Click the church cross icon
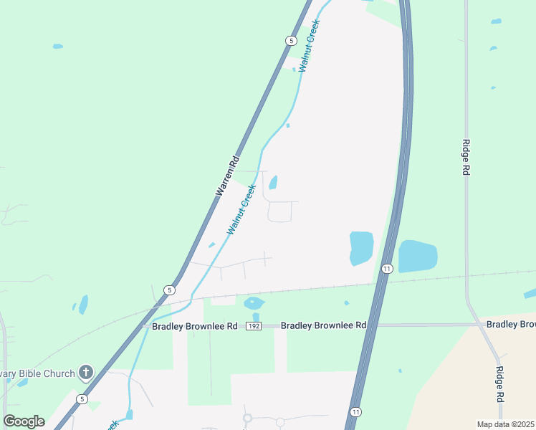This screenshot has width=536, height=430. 86,372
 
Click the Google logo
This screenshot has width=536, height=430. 24,421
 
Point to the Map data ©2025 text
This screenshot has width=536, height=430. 505,424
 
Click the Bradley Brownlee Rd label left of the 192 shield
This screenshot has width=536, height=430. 193,325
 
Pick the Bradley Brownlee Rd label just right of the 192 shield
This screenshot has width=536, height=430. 323,325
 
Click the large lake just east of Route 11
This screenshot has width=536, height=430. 417,256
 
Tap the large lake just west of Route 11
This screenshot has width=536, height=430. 361,248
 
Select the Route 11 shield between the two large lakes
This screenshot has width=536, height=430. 387,269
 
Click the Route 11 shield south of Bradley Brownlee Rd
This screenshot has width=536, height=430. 355,412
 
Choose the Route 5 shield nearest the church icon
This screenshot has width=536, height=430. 83,399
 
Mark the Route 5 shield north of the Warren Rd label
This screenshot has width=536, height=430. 290,41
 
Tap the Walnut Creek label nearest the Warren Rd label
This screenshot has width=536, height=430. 242,209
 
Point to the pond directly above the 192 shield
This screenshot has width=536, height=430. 254,303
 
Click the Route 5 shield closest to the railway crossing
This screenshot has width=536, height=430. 169,290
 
